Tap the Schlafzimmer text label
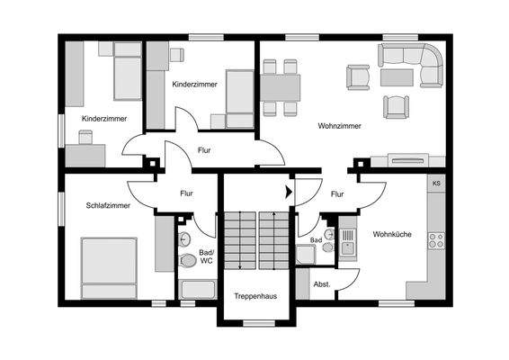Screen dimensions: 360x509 (108, 206)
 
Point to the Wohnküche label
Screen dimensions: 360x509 (392, 234)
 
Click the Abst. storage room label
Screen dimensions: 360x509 (321, 284)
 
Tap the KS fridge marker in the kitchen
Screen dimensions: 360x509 (436, 184)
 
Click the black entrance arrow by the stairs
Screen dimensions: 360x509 (289, 192)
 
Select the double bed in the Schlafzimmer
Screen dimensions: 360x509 (108, 266)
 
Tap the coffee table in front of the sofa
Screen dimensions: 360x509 (397, 77)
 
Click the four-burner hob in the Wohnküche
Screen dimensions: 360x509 (436, 239)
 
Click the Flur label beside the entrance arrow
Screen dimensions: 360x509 (337, 193)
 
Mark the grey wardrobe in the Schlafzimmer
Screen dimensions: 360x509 (163, 243)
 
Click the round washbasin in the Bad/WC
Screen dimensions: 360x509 (183, 238)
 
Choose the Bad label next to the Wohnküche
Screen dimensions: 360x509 (317, 240)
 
